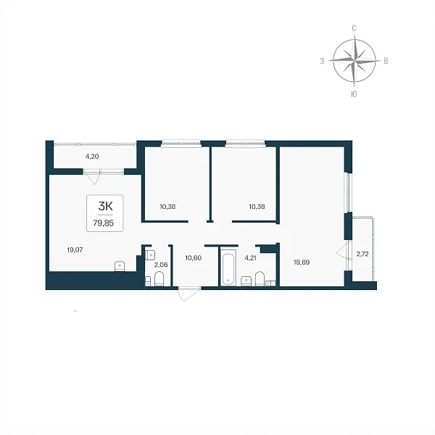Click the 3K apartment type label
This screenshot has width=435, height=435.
pyautogui.click(x=105, y=206)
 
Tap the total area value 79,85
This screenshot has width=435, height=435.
pyautogui.click(x=104, y=223)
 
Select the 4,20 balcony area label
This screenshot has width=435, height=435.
pyautogui.click(x=92, y=157)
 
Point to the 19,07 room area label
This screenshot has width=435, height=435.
pyautogui.click(x=75, y=250)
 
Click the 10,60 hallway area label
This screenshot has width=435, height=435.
pyautogui.click(x=194, y=258)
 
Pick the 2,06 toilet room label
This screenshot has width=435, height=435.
pyautogui.click(x=161, y=265)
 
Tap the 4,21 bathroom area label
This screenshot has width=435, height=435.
pyautogui.click(x=250, y=258)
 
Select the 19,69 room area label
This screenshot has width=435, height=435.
pyautogui.click(x=302, y=262)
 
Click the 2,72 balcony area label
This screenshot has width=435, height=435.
pyautogui.click(x=362, y=254)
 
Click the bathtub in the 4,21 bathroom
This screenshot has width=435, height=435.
pyautogui.click(x=228, y=267)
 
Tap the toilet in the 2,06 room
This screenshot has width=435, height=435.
pyautogui.click(x=159, y=279)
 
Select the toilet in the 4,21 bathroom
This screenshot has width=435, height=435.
pyautogui.click(x=260, y=279)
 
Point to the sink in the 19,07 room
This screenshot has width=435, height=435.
pyautogui.click(x=120, y=266)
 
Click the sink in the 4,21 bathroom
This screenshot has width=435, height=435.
pyautogui.click(x=246, y=281)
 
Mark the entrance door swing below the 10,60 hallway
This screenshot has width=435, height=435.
pyautogui.click(x=189, y=294)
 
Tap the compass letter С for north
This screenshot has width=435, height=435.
pyautogui.click(x=354, y=28)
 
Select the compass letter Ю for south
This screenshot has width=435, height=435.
pyautogui.click(x=354, y=94)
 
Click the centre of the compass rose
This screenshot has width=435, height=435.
pyautogui.click(x=355, y=60)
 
